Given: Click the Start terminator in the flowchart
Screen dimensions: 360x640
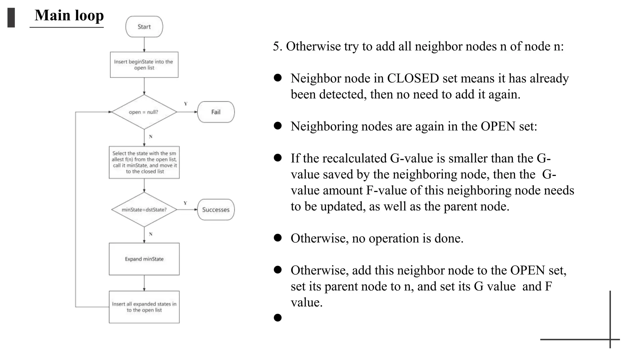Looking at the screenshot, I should [144, 27].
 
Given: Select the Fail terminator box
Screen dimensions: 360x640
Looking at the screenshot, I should [216, 112].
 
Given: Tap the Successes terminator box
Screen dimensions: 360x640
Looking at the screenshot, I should [216, 210].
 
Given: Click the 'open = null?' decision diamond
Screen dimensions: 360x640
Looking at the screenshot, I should [144, 112].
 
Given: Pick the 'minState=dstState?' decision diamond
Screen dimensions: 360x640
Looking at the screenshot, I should [144, 210].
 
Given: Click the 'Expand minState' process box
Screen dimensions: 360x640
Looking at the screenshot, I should [144, 259].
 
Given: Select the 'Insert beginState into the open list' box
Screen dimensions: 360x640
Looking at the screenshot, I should [144, 65].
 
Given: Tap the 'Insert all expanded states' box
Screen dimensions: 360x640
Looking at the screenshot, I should [144, 307].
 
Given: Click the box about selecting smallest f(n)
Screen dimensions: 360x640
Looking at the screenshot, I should [144, 162].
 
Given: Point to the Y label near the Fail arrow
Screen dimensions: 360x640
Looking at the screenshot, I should [186, 104].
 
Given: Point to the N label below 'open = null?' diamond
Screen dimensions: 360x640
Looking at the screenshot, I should [151, 137].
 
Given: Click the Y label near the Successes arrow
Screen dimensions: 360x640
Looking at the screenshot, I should [185, 203].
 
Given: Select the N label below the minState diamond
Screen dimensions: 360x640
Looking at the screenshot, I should [151, 234].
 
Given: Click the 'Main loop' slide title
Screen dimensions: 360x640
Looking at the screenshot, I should [69, 16].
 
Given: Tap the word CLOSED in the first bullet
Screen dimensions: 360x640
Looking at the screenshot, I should [413, 78].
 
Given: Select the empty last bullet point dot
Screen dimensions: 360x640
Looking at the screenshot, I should [277, 318].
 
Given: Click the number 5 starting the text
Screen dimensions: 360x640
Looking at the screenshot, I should [276, 47].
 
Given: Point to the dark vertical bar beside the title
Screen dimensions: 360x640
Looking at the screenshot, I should [11, 18].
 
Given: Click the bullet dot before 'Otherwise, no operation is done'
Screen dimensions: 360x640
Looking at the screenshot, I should [277, 238].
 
